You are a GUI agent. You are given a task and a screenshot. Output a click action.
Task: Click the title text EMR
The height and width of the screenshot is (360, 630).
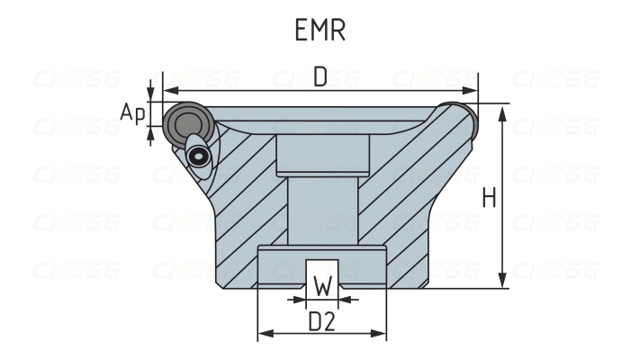tap(319, 31)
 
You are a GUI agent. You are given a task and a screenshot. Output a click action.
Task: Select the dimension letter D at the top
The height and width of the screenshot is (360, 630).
tap(320, 77)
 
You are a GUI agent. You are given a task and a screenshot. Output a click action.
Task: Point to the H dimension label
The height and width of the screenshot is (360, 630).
tap(489, 198)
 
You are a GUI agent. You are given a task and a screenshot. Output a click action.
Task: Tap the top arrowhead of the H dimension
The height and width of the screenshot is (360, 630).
tap(502, 109)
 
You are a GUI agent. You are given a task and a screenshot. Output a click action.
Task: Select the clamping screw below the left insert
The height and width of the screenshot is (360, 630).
tap(199, 156)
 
